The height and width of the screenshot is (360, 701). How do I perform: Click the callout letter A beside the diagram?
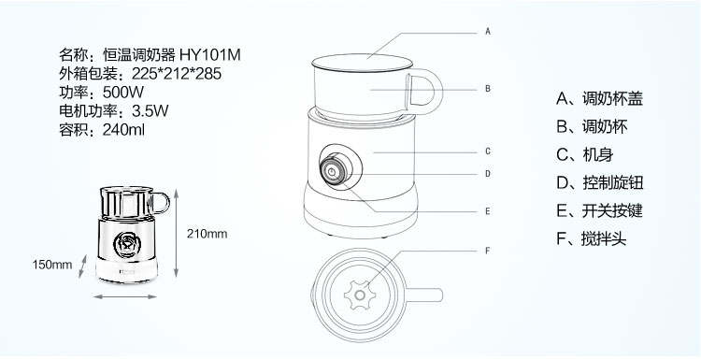(x=488, y=31)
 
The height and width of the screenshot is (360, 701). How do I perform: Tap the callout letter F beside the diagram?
(x=488, y=251)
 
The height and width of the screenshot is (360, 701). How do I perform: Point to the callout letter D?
(x=488, y=174)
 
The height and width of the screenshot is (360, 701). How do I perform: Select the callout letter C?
(x=488, y=151)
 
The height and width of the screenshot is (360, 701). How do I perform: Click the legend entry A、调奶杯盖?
(x=599, y=98)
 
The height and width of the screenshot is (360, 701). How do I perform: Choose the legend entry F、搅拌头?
(x=591, y=238)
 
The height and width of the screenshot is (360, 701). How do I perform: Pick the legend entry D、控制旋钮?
(x=599, y=182)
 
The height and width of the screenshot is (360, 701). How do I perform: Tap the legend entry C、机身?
(x=585, y=154)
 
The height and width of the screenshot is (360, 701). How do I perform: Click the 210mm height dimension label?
(x=207, y=234)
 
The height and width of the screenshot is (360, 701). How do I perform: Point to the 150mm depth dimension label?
(x=52, y=265)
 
